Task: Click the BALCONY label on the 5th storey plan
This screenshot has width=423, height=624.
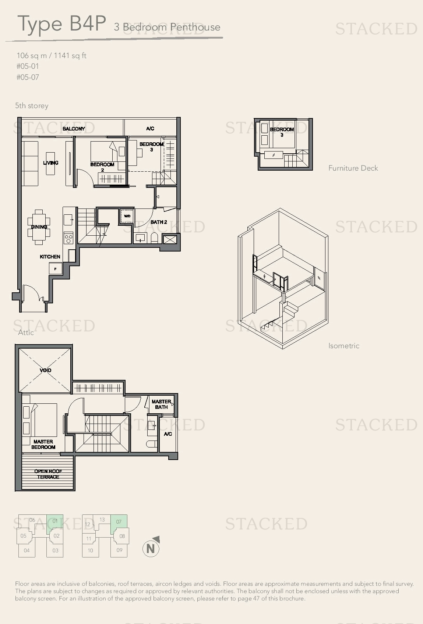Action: [74, 129]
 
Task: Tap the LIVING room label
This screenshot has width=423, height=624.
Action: [51, 163]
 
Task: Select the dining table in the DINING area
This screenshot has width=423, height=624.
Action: [39, 227]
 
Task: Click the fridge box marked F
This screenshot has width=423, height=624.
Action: [55, 269]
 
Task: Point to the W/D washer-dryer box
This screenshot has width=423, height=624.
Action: [127, 217]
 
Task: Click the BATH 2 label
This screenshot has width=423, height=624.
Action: [159, 222]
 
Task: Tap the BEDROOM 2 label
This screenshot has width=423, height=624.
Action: [102, 167]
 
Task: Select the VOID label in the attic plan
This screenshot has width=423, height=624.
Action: [45, 370]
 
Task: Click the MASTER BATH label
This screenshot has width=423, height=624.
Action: [162, 404]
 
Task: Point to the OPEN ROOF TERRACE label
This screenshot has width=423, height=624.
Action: [48, 474]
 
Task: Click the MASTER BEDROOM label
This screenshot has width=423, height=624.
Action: [43, 444]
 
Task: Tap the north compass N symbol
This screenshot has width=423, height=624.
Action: [151, 549]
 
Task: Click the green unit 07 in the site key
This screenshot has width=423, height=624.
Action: [119, 522]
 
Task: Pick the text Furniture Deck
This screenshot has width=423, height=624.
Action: [353, 168]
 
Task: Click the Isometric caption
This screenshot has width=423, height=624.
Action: [344, 346]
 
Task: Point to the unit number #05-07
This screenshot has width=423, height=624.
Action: [28, 77]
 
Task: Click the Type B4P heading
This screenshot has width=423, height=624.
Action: [62, 24]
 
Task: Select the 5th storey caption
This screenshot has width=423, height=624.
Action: [32, 106]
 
